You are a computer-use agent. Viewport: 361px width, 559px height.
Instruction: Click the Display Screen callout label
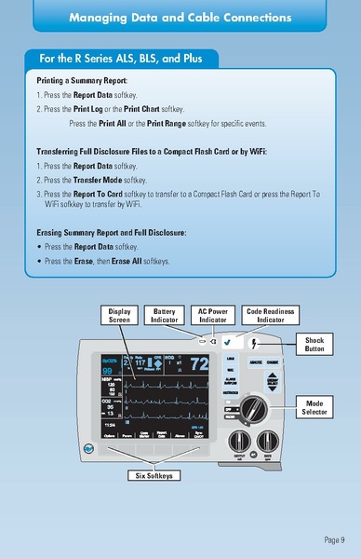[x=120, y=315]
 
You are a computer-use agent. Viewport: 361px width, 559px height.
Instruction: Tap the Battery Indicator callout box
[x=165, y=315]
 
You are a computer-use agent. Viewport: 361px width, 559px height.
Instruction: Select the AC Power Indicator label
[x=213, y=315]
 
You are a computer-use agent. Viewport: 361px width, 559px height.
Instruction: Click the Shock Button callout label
[x=314, y=345]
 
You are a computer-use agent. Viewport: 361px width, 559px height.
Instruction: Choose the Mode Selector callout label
[x=314, y=407]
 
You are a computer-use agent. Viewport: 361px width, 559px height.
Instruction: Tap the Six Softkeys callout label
[x=154, y=475]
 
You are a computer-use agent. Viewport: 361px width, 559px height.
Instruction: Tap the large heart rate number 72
[x=198, y=364]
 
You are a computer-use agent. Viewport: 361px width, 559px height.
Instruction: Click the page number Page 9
[x=335, y=539]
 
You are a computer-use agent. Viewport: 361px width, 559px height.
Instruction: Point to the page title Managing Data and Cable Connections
[x=180, y=18]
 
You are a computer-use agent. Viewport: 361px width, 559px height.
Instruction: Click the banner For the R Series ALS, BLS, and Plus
[x=118, y=58]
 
